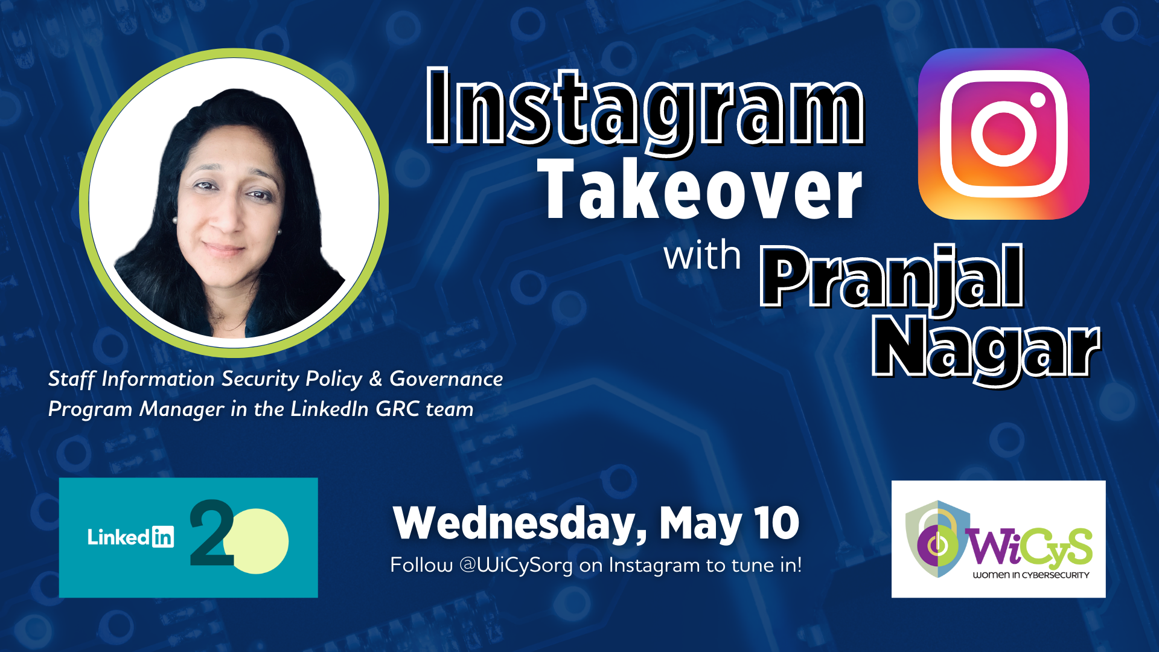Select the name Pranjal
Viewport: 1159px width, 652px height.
pos(892,279)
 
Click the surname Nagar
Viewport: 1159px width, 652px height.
pos(986,349)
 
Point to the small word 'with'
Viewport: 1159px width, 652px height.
pos(702,255)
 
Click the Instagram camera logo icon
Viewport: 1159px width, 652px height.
pos(1003,133)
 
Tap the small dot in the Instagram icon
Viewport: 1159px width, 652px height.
pos(1038,100)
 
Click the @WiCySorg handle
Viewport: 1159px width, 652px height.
pos(516,566)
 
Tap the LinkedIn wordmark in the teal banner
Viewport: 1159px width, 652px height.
pos(130,537)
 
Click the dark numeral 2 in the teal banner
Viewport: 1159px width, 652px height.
pos(212,532)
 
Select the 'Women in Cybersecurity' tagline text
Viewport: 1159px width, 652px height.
pos(1031,575)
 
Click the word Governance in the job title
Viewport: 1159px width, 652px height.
pos(446,379)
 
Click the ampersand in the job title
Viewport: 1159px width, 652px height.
pos(375,379)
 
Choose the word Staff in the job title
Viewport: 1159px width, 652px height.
pos(72,379)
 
